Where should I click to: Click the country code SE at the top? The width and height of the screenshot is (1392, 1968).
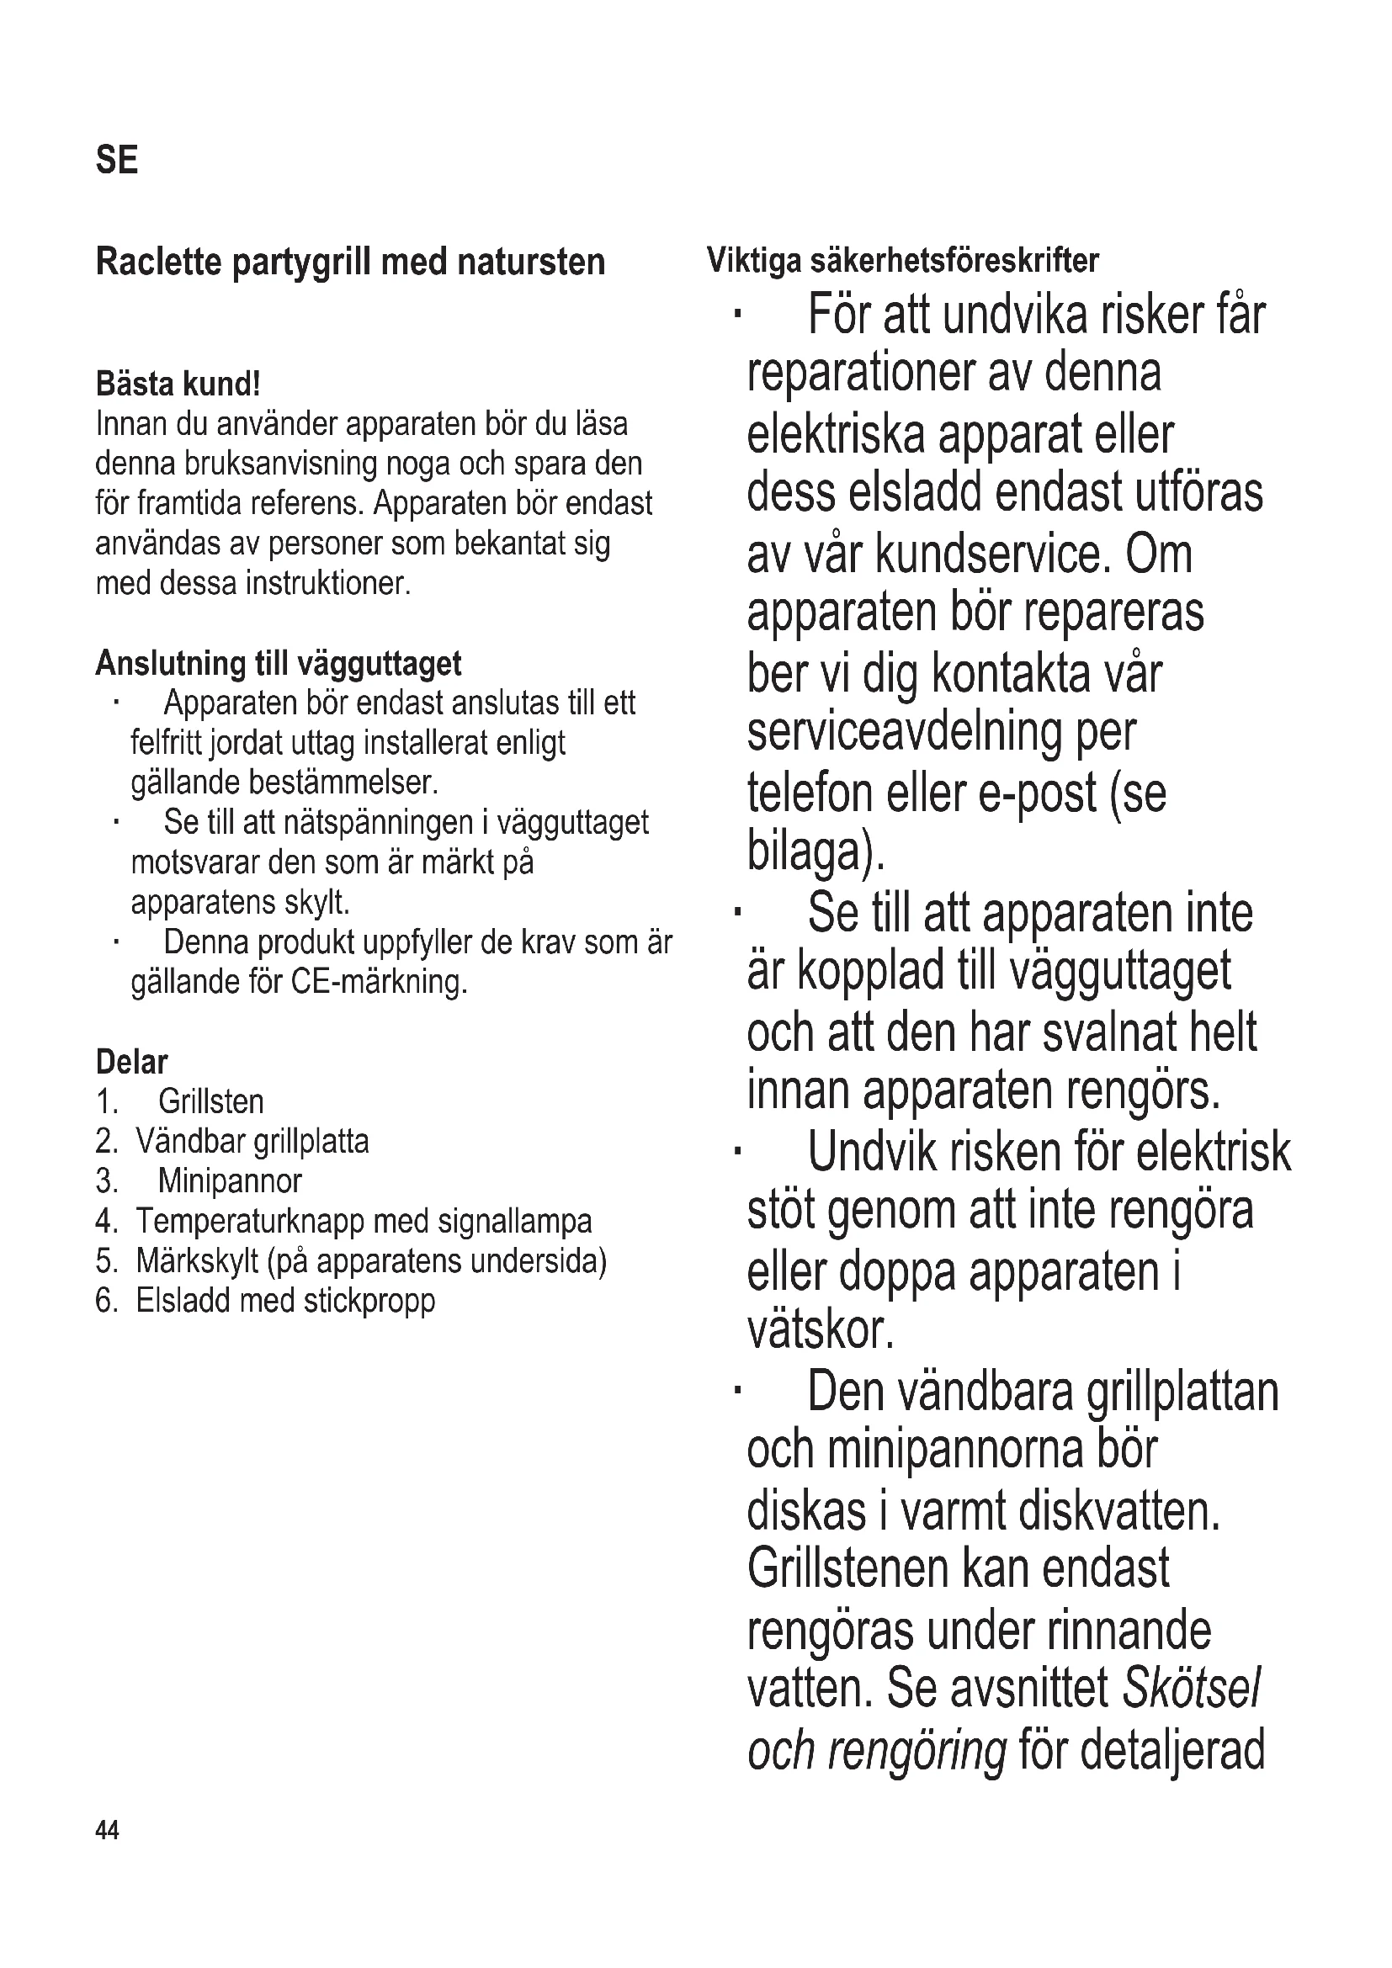click(x=117, y=161)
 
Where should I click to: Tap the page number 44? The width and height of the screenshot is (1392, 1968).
click(x=107, y=1831)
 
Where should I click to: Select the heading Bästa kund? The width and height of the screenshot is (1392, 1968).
click(x=178, y=384)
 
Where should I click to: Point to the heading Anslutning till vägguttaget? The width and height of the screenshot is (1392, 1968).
click(x=278, y=663)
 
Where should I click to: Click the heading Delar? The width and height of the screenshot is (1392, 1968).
click(x=131, y=1062)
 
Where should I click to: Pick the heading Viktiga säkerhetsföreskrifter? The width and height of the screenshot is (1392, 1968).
click(x=902, y=260)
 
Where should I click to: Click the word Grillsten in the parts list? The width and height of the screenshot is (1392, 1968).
click(x=211, y=1101)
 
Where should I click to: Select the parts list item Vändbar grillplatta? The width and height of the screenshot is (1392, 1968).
click(x=252, y=1142)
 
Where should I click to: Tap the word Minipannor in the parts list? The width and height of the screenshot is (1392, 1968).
click(x=230, y=1181)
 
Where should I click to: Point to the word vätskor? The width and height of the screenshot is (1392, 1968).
click(x=821, y=1330)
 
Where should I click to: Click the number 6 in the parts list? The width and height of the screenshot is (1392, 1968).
click(x=105, y=1301)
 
